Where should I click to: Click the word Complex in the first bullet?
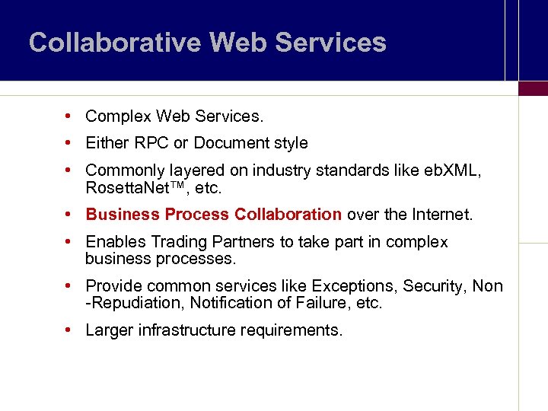point(118,116)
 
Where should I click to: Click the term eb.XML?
point(449,170)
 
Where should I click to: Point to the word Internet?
point(441,215)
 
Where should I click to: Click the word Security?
point(434,286)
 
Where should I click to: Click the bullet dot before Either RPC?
point(68,143)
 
